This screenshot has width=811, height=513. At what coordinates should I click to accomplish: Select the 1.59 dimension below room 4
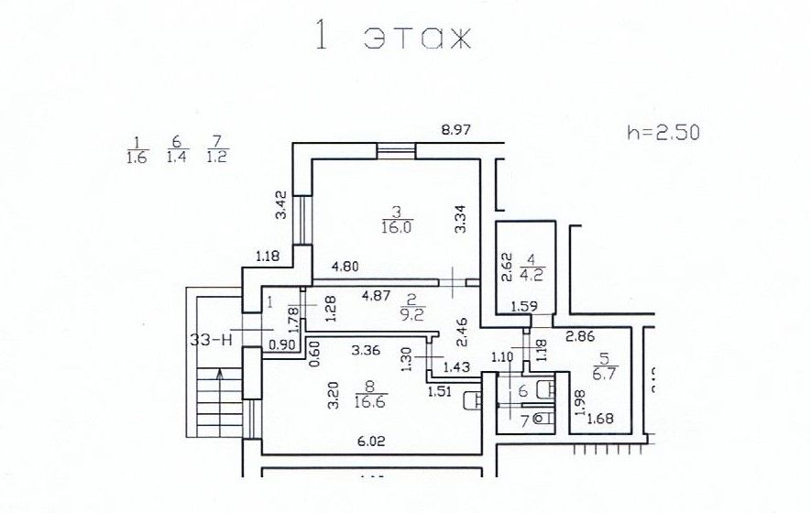(x=524, y=306)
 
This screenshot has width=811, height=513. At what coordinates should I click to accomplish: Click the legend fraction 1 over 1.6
(x=137, y=149)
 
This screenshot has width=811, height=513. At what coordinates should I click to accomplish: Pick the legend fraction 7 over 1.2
(x=216, y=149)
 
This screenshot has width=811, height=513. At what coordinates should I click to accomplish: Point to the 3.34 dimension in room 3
(x=462, y=220)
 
